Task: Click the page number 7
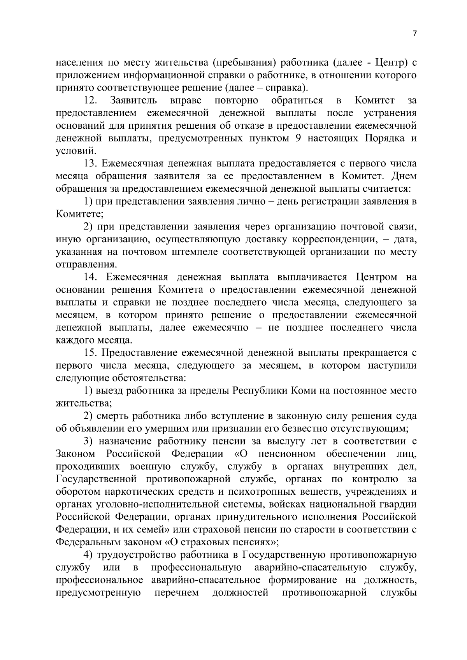tap(414, 33)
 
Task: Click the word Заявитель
tap(134, 100)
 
